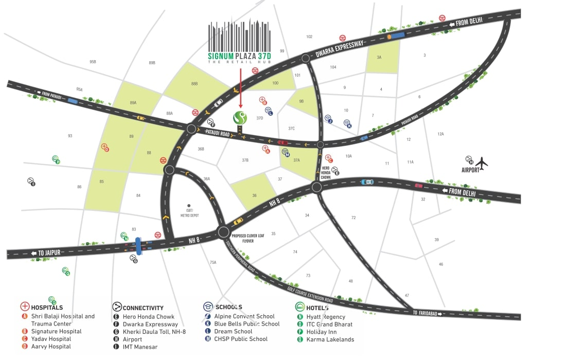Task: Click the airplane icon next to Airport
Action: [482, 164]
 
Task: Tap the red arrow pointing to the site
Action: [240, 87]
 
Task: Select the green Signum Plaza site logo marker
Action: [240, 118]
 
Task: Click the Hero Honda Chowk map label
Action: [325, 173]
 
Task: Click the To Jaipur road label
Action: [48, 252]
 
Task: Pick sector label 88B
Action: [194, 83]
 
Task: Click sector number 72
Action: [353, 218]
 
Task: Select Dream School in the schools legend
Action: [235, 332]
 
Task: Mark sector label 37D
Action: [260, 118]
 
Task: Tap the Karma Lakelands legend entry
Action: [330, 339]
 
